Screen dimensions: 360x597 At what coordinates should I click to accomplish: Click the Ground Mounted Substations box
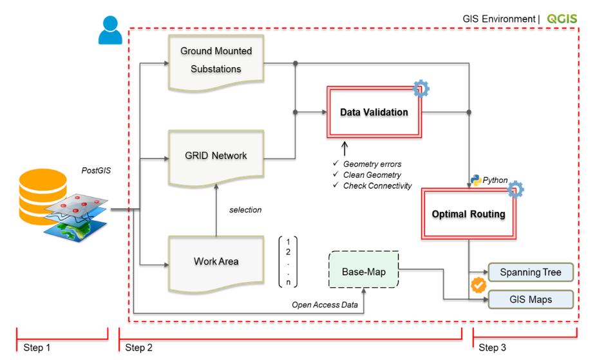216,60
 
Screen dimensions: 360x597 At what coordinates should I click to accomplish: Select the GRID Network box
216,155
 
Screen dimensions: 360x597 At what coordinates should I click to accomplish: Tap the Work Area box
216,261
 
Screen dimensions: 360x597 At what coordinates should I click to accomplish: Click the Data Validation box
374,112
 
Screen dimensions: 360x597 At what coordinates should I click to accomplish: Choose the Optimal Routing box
468,214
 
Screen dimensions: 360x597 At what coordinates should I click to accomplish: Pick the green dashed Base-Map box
363,272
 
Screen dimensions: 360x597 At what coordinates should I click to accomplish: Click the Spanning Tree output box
530,272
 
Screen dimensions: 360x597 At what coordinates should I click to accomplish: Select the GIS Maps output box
530,299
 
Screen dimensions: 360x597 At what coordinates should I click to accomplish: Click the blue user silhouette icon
110,30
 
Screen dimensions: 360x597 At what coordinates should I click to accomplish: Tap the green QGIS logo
562,19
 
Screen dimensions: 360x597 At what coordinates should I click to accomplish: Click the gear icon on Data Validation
421,88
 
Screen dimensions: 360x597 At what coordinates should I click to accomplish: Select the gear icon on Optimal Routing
515,189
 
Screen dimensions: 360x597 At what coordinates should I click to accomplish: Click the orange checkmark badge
479,285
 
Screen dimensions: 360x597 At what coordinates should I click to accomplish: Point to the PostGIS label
96,171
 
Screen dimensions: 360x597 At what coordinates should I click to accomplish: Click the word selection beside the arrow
245,210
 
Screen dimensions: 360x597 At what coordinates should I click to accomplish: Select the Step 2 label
138,348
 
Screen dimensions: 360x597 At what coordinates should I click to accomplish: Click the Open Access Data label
325,305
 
